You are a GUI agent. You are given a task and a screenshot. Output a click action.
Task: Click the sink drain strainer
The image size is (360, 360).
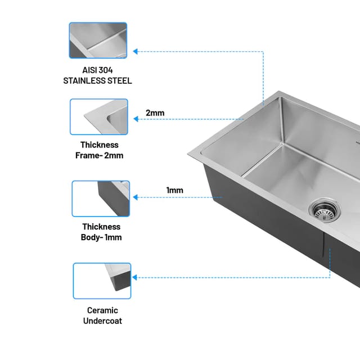coord(325,210)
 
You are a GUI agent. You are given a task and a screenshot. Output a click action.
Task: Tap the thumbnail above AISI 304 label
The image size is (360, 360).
coord(98,40)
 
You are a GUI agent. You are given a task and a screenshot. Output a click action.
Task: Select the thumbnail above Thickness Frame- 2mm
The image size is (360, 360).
coord(99,116)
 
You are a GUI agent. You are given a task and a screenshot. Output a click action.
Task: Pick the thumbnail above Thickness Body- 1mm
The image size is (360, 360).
coord(101,199)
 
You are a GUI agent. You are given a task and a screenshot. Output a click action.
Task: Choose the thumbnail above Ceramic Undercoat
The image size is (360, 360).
coord(102,281)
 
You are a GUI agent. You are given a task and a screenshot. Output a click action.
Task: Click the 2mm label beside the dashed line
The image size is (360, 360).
coord(155,113)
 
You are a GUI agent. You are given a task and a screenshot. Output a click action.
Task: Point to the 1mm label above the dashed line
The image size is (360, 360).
coord(175,190)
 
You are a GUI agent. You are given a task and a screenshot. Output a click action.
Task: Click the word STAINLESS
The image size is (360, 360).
coord(84,81)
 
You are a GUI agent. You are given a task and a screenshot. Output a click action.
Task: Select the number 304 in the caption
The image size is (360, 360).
coord(105,70)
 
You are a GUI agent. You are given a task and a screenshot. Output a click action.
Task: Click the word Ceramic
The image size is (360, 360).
coord(102,310)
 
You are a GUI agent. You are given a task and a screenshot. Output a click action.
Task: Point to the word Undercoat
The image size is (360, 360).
coord(102,321)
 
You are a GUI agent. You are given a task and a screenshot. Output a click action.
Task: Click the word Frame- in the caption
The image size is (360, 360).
coord(89,155)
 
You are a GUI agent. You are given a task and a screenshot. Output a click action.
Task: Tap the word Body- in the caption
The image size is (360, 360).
coord(92,237)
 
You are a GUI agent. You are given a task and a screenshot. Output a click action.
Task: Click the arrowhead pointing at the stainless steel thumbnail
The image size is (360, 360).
coord(135,51)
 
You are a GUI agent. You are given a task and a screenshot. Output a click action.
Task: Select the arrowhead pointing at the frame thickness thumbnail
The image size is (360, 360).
coord(136,119)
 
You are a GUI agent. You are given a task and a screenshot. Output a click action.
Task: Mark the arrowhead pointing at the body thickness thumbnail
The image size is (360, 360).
coord(136,197)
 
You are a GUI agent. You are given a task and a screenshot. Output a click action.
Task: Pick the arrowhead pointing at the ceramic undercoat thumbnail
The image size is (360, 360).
coord(135,277)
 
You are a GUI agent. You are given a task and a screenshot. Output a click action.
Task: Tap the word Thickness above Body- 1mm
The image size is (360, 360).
coord(101,227)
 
